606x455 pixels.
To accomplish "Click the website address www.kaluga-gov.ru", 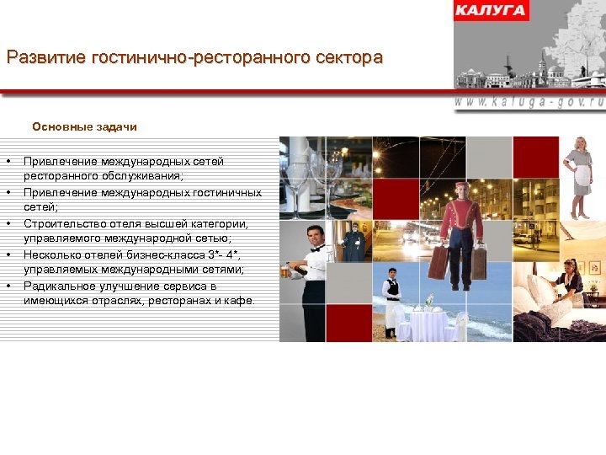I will click(x=529, y=100).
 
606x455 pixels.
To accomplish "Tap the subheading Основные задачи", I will click(x=84, y=127).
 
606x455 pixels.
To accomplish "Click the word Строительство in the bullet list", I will click(x=64, y=224).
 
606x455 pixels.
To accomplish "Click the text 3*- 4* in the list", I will click(x=222, y=255).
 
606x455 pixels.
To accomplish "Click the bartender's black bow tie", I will click(x=316, y=249).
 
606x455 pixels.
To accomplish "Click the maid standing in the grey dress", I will click(x=581, y=177).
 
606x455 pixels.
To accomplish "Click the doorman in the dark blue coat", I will click(x=353, y=244).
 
